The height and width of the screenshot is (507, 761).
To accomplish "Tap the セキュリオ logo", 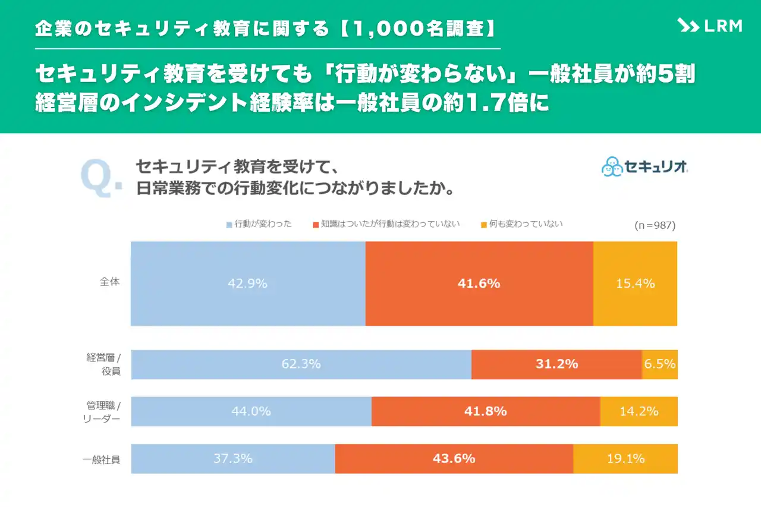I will pyautogui.click(x=644, y=166).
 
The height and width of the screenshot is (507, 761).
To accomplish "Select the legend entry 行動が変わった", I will pyautogui.click(x=259, y=225).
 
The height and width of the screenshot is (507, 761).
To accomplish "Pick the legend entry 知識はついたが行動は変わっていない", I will pyautogui.click(x=386, y=225).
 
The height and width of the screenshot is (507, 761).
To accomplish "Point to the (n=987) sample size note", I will pyautogui.click(x=655, y=226).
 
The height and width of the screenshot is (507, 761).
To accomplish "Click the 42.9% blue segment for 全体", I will pyautogui.click(x=247, y=284).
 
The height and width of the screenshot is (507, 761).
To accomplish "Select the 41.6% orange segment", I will pyautogui.click(x=479, y=284).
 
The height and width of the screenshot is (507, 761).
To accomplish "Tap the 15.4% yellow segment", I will pyautogui.click(x=635, y=284).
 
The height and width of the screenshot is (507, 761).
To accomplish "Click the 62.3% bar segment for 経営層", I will pyautogui.click(x=301, y=364).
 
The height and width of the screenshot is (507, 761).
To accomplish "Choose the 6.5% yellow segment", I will pyautogui.click(x=660, y=364).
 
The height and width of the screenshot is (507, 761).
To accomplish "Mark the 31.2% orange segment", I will pyautogui.click(x=556, y=364).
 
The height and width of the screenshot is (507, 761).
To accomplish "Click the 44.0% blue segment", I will pyautogui.click(x=251, y=411).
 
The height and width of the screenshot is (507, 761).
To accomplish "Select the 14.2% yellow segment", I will pyautogui.click(x=639, y=411).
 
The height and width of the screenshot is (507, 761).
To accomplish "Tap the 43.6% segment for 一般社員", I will pyautogui.click(x=454, y=458).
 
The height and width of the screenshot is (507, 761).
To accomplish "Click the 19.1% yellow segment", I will pyautogui.click(x=625, y=458).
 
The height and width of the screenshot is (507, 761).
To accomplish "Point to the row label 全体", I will pyautogui.click(x=109, y=282).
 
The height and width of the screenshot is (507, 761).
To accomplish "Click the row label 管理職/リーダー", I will pyautogui.click(x=103, y=411).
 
